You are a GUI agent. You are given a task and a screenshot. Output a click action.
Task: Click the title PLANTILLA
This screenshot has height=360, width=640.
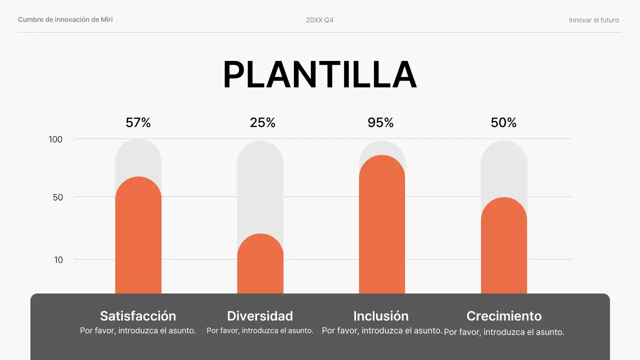(319, 75)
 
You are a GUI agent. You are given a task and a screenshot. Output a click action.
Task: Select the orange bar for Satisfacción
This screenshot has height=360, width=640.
(138, 235)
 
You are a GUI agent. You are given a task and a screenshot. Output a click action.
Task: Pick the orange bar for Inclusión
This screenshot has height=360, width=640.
(382, 225)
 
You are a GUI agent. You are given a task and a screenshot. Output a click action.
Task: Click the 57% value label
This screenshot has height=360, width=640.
(138, 122)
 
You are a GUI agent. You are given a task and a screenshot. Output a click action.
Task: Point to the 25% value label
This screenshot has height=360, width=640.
(262, 122)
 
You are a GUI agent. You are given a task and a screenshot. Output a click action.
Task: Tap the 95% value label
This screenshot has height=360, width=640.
(380, 122)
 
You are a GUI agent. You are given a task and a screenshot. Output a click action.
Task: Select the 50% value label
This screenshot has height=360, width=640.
(503, 122)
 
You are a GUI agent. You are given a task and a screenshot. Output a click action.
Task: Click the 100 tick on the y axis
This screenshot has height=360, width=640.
(55, 139)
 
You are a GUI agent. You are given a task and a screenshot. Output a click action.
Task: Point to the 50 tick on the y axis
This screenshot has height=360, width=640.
(57, 197)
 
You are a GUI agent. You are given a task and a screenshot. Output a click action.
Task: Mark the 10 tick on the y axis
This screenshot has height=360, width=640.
(58, 259)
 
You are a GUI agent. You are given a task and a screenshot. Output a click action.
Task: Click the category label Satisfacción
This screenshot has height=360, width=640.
(138, 316)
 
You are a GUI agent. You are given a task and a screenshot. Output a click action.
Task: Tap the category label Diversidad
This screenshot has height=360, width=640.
(260, 316)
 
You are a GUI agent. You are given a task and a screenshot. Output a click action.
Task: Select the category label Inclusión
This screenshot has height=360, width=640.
(381, 316)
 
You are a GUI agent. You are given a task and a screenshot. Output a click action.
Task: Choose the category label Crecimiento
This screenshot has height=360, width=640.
(504, 316)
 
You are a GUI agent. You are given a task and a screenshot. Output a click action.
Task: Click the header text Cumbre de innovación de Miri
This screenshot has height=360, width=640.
(65, 19)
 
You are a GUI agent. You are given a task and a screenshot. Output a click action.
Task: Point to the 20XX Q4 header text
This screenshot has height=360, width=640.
(319, 20)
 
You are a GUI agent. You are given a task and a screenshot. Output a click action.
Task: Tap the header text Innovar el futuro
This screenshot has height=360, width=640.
(593, 20)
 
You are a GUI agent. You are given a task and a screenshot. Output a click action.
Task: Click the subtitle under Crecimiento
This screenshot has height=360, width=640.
(504, 332)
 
